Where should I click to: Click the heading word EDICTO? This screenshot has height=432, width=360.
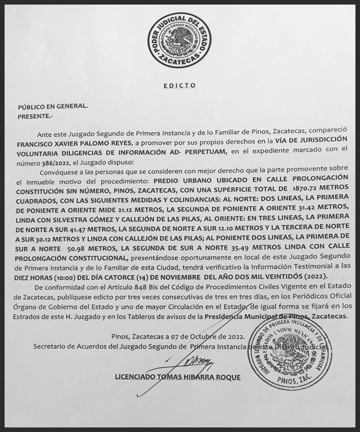pos(179,85)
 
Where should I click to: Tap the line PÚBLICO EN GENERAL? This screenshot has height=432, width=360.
pos(53,107)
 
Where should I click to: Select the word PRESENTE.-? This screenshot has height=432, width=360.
pos(36,116)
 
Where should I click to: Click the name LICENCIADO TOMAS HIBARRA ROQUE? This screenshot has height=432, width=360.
pos(178,377)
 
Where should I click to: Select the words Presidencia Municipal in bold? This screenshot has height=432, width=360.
pos(241,316)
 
